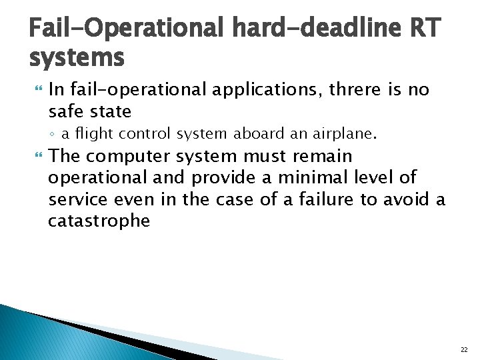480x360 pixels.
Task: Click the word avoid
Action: [409, 199]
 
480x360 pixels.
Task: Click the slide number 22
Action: [464, 349]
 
